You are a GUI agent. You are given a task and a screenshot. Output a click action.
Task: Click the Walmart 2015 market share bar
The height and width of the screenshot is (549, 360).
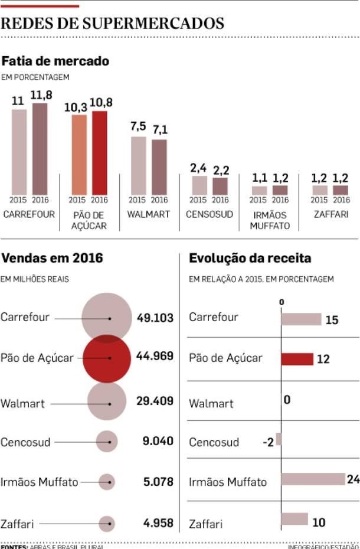tap(138, 165)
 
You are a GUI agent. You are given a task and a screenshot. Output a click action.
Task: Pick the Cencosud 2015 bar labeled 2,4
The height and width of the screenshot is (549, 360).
tap(199, 185)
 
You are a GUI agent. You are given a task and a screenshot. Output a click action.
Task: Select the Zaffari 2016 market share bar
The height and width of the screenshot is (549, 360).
tap(340, 190)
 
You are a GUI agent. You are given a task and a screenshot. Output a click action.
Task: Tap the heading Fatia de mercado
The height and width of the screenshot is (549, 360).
tap(55, 61)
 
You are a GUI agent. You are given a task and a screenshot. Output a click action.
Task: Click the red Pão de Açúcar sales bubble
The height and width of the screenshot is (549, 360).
tap(106, 358)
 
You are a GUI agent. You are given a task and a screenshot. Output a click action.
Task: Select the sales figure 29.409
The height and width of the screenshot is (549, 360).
tap(155, 401)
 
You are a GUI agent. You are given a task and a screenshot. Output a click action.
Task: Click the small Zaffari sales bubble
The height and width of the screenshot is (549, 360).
tap(107, 524)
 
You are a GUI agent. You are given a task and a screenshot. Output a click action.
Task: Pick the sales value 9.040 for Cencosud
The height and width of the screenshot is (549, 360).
tap(158, 442)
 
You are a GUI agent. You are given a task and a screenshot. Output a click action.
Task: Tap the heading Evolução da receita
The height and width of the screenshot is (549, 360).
tap(250, 258)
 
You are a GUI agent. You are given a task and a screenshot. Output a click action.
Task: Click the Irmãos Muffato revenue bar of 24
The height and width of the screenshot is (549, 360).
tap(313, 479)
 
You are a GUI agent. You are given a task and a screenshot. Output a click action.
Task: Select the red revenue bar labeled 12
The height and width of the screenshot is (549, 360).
tap(297, 359)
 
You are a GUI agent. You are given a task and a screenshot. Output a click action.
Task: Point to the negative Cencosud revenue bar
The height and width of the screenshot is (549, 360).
tap(279, 439)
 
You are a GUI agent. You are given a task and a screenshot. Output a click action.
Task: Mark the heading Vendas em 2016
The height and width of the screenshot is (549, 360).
tap(52, 258)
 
